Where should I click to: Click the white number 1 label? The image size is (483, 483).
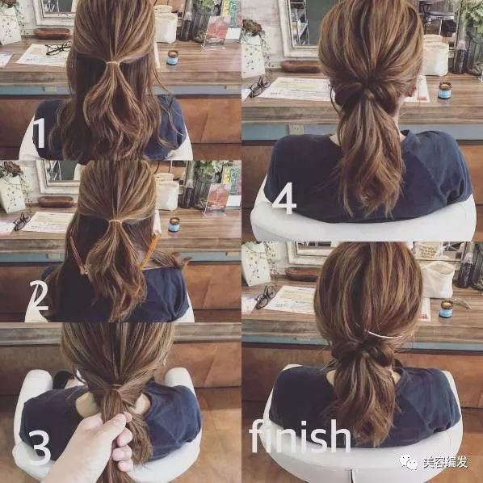point(40,132)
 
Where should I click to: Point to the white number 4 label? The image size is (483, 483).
point(284,198)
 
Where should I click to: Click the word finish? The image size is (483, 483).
point(300,435)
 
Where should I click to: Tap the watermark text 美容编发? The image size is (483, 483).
point(445,462)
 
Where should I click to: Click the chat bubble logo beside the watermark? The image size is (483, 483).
point(409,462)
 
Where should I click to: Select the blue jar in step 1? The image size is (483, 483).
point(173,57)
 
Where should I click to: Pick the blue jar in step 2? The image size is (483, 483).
point(174,225)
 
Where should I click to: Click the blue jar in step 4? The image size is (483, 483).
point(444,90)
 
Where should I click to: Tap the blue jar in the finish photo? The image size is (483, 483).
point(446,309)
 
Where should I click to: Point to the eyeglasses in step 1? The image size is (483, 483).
point(58,49)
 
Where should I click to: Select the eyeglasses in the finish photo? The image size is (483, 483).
point(265,297)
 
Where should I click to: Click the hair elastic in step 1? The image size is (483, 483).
point(112,63)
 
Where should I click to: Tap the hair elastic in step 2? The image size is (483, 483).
point(115,222)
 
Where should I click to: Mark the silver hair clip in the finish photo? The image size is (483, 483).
point(380,334)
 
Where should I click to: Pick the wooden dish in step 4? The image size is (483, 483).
point(300,66)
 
